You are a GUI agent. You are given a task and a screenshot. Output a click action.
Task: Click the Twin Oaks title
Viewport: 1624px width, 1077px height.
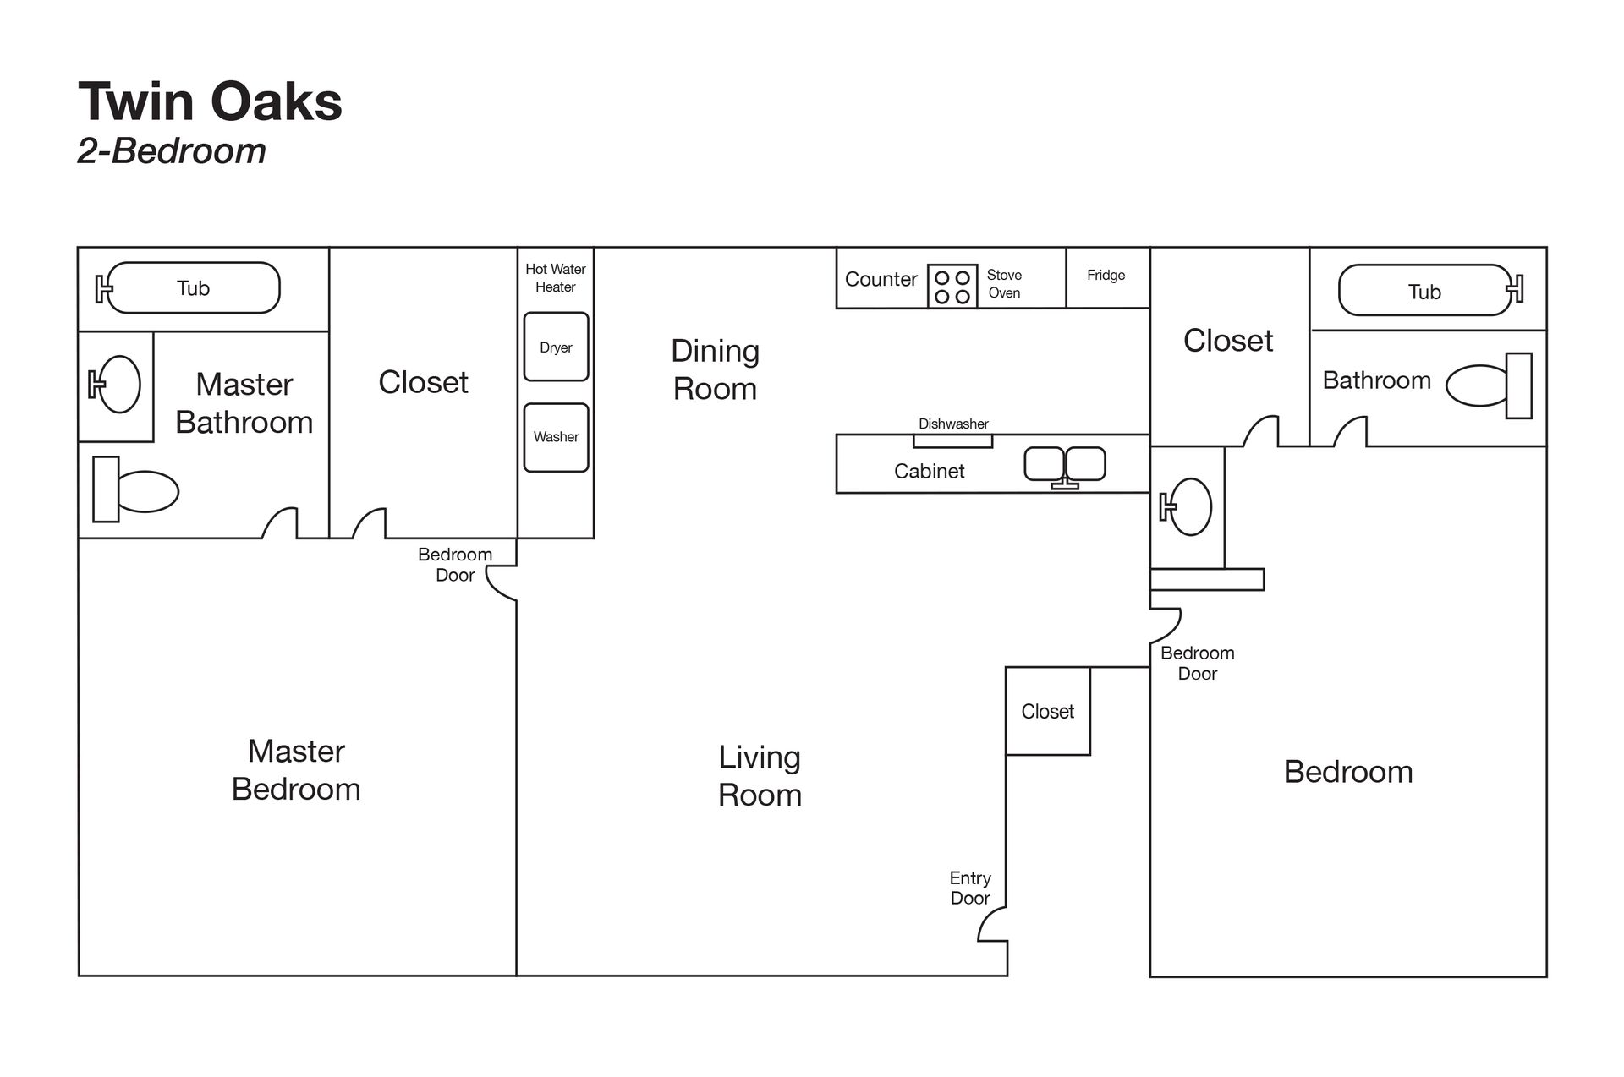click(210, 102)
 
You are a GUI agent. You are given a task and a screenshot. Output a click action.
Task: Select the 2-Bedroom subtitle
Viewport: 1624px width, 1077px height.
click(172, 151)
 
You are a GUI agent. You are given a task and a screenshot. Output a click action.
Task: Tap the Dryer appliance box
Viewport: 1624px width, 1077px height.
click(556, 347)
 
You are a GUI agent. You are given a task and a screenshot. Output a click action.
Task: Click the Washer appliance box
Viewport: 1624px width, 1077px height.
click(556, 437)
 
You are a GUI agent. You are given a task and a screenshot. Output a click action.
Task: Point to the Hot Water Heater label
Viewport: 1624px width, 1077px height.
click(556, 278)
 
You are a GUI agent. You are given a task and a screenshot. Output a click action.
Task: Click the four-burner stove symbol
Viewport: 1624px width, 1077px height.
click(952, 287)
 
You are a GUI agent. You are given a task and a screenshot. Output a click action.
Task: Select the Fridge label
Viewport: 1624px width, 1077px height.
click(1106, 276)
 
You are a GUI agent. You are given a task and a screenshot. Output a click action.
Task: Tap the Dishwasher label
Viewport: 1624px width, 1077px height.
click(953, 424)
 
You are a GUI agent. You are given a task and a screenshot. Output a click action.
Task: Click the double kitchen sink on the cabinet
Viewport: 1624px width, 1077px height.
click(1065, 465)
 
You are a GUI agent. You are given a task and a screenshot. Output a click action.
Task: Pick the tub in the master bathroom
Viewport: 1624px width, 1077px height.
click(193, 288)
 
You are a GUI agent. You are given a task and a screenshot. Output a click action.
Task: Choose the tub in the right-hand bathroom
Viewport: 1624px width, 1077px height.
click(1425, 292)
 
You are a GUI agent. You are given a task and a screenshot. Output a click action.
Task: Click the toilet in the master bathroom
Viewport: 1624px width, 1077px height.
click(135, 491)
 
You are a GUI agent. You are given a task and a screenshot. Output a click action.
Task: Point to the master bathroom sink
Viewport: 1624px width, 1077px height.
click(117, 385)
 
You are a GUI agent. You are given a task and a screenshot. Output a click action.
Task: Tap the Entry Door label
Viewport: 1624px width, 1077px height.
click(970, 888)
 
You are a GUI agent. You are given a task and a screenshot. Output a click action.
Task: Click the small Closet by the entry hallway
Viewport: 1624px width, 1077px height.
click(1047, 711)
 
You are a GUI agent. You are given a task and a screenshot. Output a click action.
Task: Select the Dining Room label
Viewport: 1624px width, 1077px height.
click(715, 369)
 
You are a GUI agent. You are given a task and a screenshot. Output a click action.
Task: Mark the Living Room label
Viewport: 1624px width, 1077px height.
click(760, 775)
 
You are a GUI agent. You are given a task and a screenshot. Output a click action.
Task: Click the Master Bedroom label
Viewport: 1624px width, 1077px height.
click(296, 769)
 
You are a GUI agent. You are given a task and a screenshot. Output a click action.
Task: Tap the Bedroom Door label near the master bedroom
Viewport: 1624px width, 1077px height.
click(455, 565)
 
